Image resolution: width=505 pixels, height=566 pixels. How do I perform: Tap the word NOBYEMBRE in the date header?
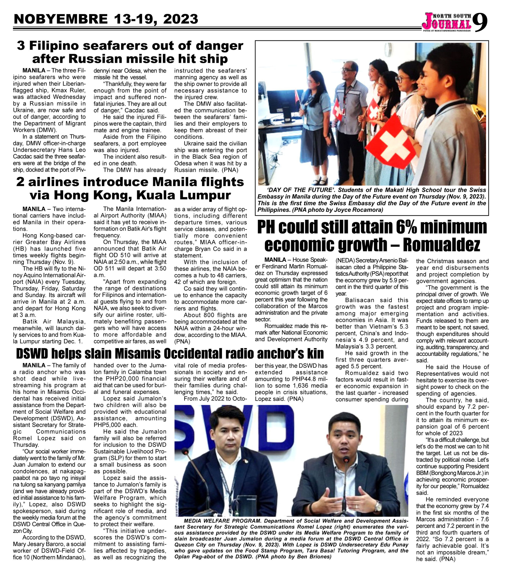(x=61, y=19)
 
